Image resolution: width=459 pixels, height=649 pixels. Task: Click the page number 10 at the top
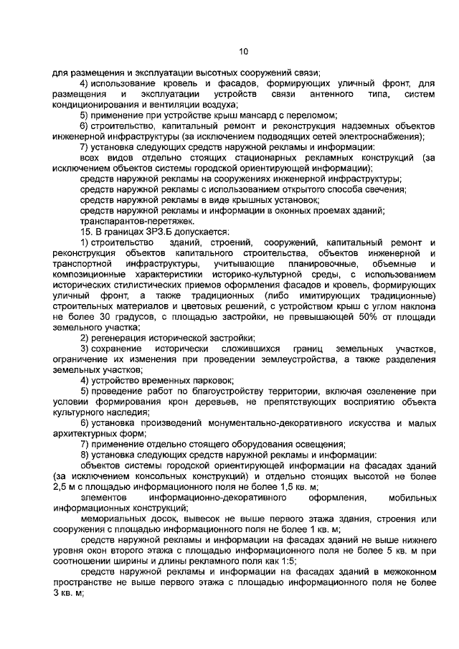tap(242, 51)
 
